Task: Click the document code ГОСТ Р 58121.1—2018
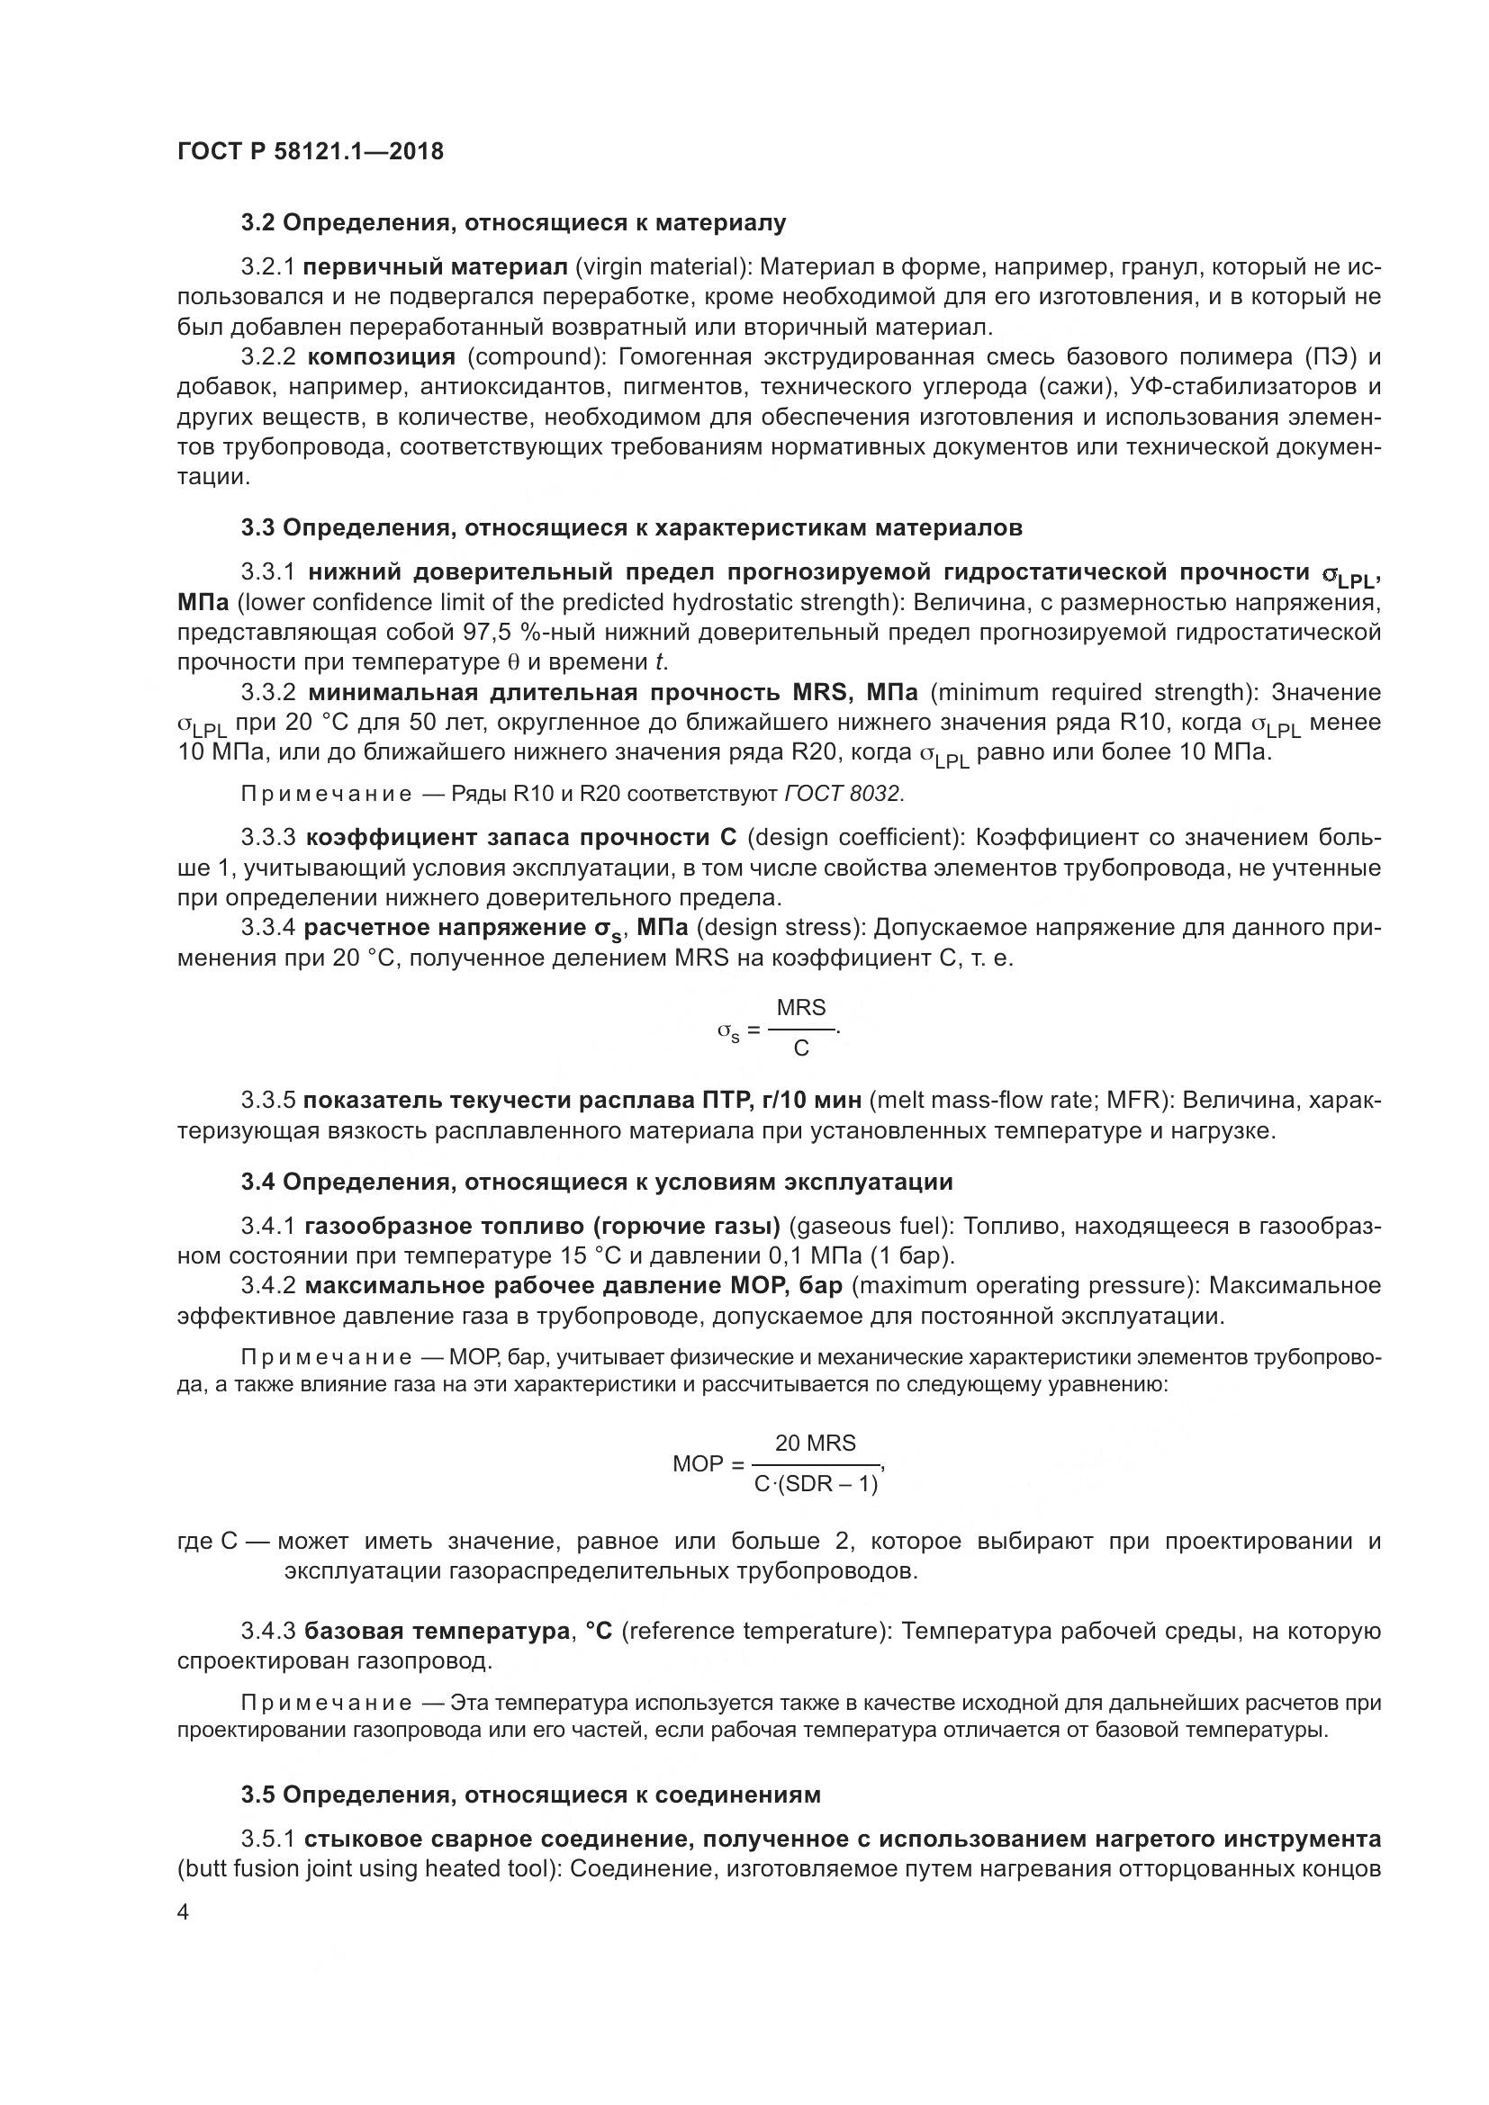310,151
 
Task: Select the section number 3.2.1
266,266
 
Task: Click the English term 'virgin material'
658,266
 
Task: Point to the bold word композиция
382,356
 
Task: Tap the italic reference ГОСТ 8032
844,794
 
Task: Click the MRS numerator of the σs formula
800,1008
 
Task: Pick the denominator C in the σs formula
800,1048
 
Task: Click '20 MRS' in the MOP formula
815,1443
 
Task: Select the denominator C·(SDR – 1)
815,1483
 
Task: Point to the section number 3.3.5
267,1100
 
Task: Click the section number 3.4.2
267,1286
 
